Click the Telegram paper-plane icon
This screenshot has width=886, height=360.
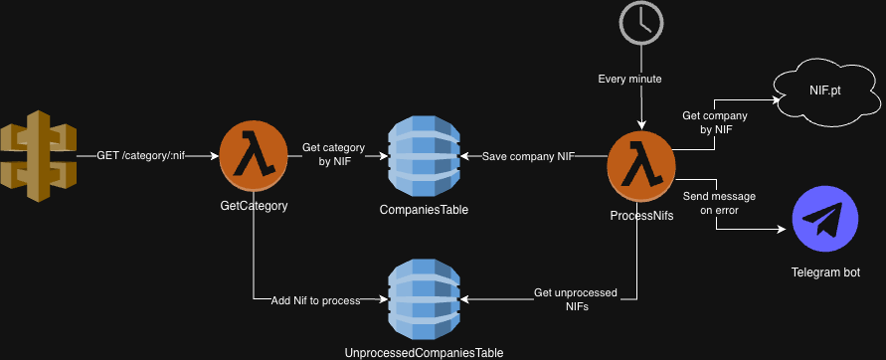[824, 223]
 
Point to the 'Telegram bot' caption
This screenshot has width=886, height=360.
[825, 272]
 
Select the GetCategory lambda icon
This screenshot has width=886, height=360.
[254, 156]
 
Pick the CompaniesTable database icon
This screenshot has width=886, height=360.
[424, 156]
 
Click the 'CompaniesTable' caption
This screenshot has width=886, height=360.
[424, 210]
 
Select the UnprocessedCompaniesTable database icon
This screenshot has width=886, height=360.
[424, 298]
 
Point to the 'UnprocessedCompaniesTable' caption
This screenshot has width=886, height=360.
[424, 352]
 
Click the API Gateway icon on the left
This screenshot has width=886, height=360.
[38, 156]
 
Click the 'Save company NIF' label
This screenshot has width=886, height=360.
[529, 156]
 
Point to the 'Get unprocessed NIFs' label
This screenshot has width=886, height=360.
[576, 299]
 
